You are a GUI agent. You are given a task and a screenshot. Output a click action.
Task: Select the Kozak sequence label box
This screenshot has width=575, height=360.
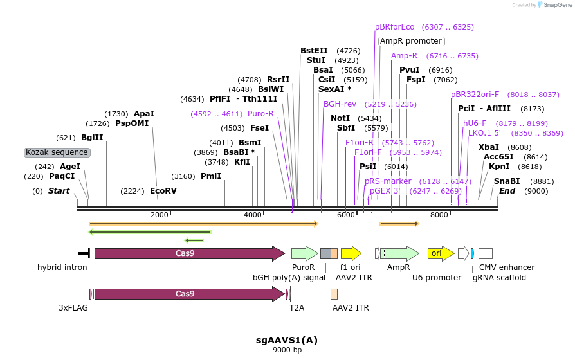(x=57, y=152)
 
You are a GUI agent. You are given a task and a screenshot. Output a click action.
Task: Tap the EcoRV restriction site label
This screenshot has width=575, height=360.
(x=163, y=191)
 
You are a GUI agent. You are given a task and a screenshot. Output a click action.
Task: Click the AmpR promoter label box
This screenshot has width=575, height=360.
(x=411, y=41)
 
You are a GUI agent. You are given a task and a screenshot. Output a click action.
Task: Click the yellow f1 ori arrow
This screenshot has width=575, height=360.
(x=351, y=253)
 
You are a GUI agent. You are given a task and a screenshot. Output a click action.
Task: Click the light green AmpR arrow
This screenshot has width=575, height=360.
(x=399, y=253)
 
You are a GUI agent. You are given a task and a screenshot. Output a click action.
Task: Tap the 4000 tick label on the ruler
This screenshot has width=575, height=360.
(x=253, y=215)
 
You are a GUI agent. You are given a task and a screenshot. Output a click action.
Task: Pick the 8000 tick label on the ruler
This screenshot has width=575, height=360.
(x=439, y=215)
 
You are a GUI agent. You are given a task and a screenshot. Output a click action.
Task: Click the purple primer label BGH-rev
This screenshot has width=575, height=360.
(x=340, y=104)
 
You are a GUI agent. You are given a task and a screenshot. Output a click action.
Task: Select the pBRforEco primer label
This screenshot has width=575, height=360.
(x=395, y=27)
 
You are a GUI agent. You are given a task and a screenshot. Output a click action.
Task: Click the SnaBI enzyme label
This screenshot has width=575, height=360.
(x=507, y=181)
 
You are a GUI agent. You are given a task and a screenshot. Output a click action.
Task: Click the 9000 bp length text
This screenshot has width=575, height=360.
(x=287, y=350)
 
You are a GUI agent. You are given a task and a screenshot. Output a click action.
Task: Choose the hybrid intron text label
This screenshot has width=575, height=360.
(x=62, y=267)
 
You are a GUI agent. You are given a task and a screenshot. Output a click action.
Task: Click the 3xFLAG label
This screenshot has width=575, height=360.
(x=73, y=308)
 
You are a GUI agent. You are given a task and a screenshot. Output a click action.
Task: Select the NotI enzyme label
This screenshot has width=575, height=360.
(x=340, y=118)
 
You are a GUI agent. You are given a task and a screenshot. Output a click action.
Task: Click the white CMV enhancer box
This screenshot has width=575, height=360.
(x=486, y=253)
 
